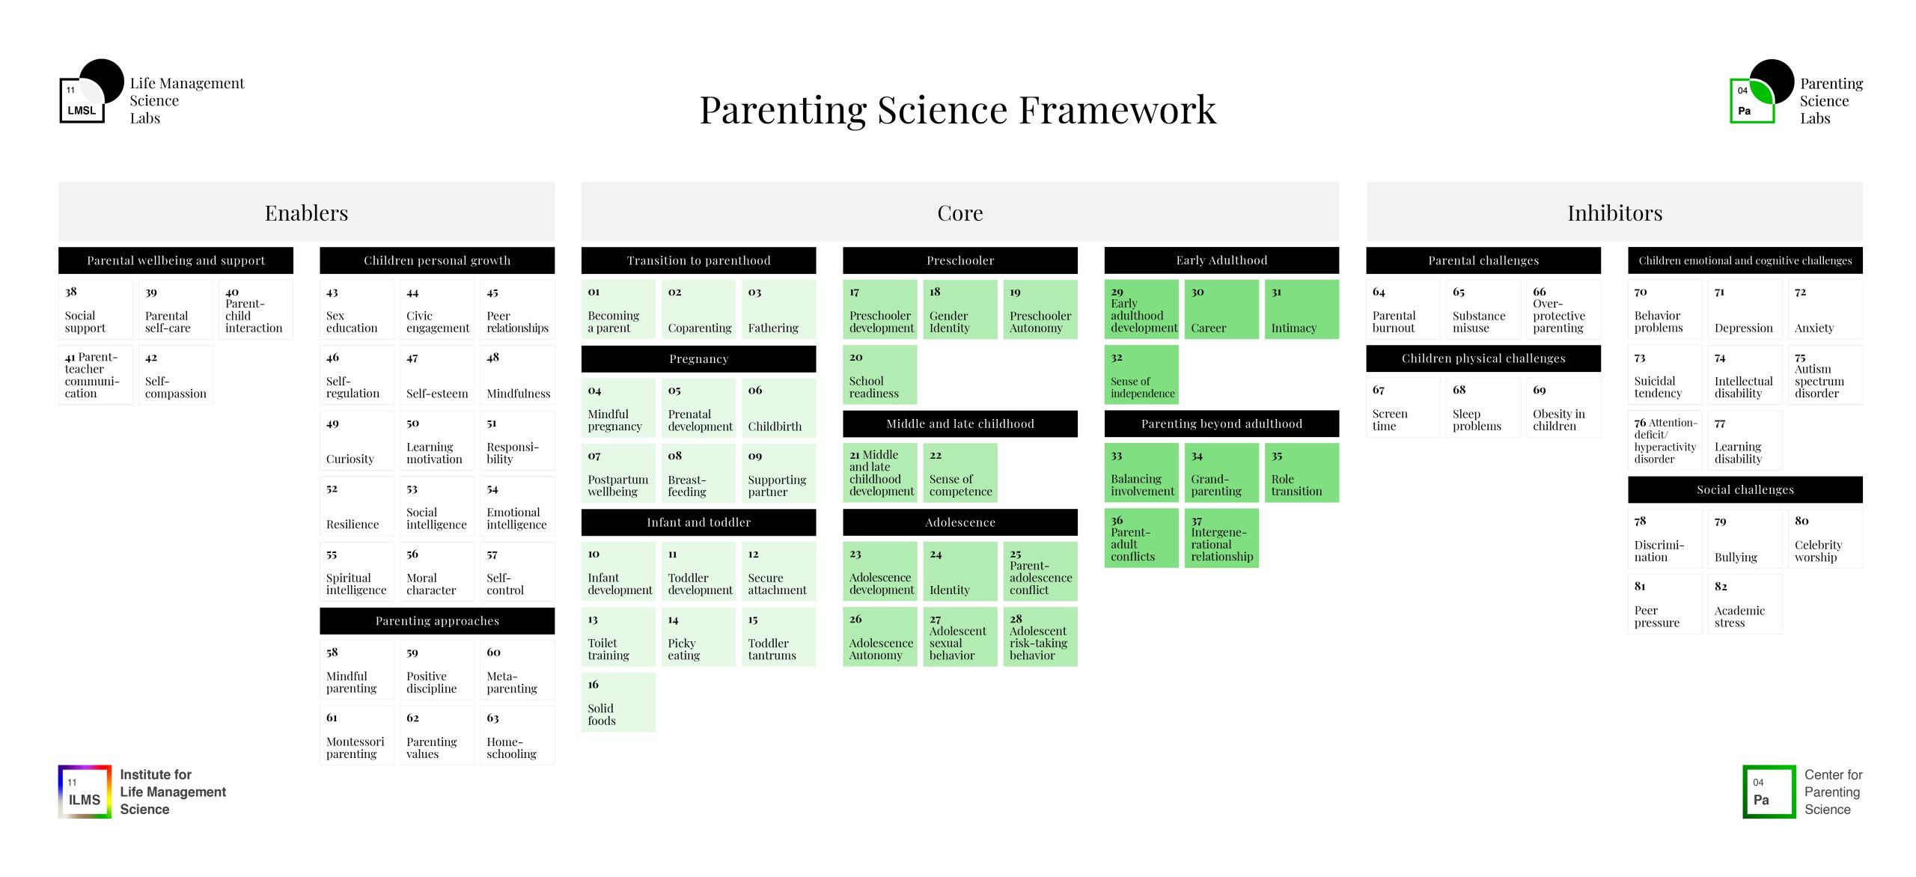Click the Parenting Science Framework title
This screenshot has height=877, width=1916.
pyautogui.click(x=958, y=110)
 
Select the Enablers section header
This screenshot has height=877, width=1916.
pyautogui.click(x=306, y=213)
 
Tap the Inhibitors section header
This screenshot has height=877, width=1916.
pyautogui.click(x=1614, y=213)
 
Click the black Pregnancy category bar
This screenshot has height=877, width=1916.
pyautogui.click(x=698, y=358)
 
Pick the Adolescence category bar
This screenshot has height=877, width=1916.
pyautogui.click(x=960, y=522)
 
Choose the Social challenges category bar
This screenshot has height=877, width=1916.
pyautogui.click(x=1745, y=489)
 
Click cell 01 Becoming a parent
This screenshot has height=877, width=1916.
pyautogui.click(x=618, y=309)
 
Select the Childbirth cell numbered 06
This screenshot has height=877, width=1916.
pyautogui.click(x=778, y=408)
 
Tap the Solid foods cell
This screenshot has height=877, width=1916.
pyautogui.click(x=618, y=702)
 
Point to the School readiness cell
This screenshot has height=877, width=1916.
pyautogui.click(x=879, y=375)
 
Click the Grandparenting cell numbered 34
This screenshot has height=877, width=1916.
pyautogui.click(x=1221, y=473)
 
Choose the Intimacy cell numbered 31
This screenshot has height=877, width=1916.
pyautogui.click(x=1302, y=309)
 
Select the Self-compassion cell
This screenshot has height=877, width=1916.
pyautogui.click(x=176, y=375)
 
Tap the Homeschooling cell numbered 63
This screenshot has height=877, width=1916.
pyautogui.click(x=517, y=736)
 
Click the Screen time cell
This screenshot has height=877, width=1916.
pyautogui.click(x=1403, y=408)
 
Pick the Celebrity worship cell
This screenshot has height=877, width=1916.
pyautogui.click(x=1825, y=539)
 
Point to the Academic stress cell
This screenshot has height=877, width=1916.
pyautogui.click(x=1745, y=604)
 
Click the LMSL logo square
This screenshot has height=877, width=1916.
pyautogui.click(x=82, y=100)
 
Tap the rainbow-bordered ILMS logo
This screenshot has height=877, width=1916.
pyautogui.click(x=85, y=792)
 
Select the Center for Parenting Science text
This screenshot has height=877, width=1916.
pyautogui.click(x=1833, y=792)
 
